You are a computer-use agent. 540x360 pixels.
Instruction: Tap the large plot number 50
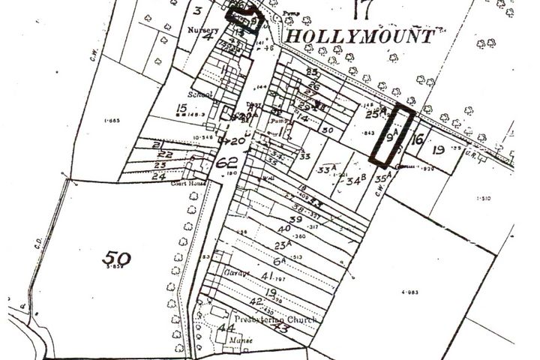tap(118, 258)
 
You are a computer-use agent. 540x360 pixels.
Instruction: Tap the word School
tap(202, 95)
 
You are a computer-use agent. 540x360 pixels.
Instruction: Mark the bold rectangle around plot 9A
tap(391, 136)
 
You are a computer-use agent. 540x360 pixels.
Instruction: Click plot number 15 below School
tap(181, 109)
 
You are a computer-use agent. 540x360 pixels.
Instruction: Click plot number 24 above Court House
tap(158, 177)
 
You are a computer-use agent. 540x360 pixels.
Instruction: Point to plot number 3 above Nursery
tap(197, 10)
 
